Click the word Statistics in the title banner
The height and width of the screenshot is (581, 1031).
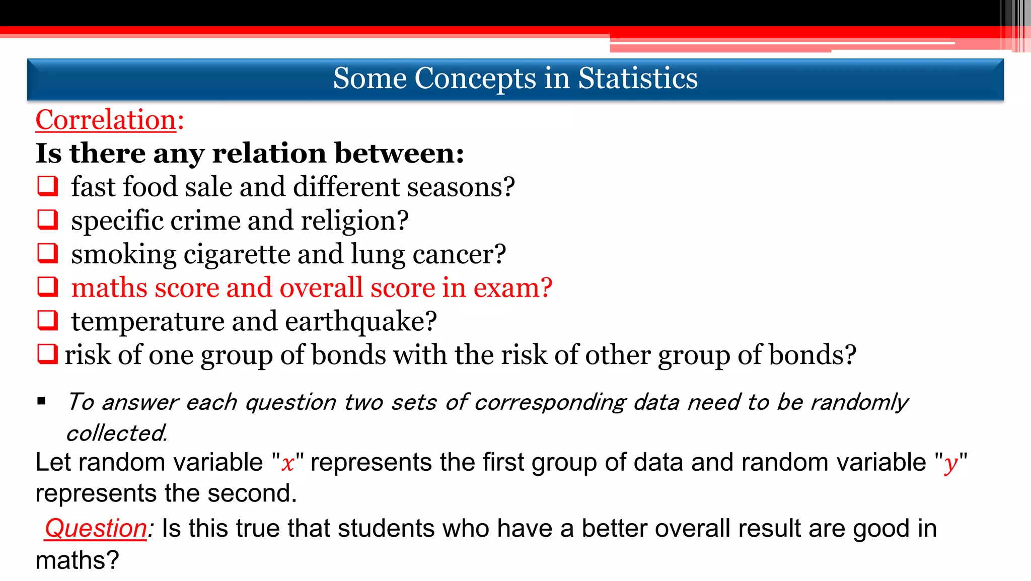(x=637, y=79)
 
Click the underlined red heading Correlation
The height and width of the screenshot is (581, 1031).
(x=106, y=120)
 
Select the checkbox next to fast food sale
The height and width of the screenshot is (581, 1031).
(x=48, y=186)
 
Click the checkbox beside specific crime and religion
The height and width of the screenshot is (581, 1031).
(x=48, y=220)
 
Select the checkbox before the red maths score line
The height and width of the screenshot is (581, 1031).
(x=48, y=287)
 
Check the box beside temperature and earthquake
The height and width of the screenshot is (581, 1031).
(x=48, y=320)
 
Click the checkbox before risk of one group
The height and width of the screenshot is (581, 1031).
(x=48, y=354)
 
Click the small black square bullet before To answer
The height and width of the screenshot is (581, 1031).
(x=41, y=401)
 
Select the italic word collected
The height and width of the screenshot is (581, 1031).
(x=116, y=433)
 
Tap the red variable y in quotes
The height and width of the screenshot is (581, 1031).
(x=950, y=463)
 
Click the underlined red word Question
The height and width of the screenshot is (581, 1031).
(x=96, y=529)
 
